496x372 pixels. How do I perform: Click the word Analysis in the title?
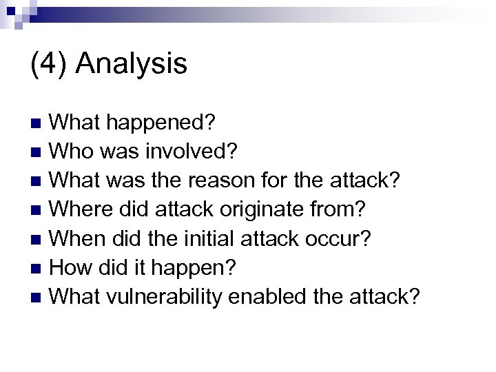point(131,65)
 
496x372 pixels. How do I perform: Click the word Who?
point(72,149)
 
